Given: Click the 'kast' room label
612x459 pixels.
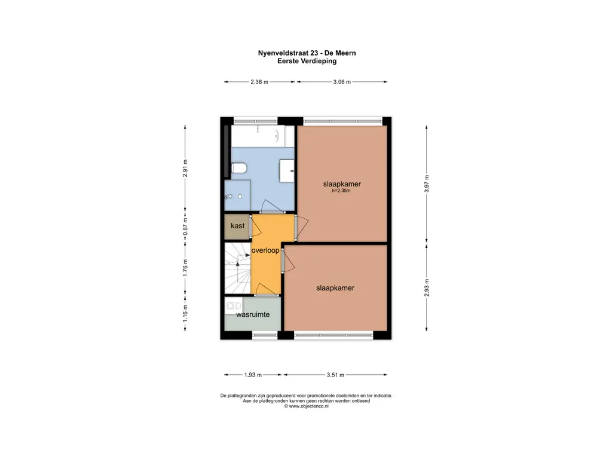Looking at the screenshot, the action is (x=237, y=225).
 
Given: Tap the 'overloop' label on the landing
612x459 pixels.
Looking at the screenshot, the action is (x=265, y=250).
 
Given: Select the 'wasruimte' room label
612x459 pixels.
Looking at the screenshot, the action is (x=253, y=314).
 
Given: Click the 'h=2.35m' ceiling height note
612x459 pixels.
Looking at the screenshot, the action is (x=341, y=191).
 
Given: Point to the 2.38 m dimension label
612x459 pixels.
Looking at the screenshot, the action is (x=259, y=82).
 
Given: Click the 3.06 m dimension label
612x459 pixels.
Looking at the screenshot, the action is (x=342, y=82).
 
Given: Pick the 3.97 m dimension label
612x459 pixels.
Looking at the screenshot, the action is (x=427, y=183).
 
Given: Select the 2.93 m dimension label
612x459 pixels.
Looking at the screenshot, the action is (x=427, y=287).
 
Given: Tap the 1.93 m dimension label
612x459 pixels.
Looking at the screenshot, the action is (x=253, y=375).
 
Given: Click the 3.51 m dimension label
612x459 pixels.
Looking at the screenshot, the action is (x=336, y=375).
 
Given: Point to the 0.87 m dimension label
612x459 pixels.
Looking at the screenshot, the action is (x=185, y=227).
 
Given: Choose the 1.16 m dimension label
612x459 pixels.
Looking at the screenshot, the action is (x=185, y=313).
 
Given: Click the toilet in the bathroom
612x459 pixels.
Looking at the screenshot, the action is (x=239, y=168).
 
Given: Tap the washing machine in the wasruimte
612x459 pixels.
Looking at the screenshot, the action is (x=233, y=305).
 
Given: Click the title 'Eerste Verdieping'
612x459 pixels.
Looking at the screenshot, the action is (x=307, y=61).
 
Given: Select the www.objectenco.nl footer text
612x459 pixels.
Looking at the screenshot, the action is (x=307, y=406).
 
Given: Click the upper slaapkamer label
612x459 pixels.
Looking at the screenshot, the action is (x=342, y=184).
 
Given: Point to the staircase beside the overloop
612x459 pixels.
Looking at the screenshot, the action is (x=237, y=268).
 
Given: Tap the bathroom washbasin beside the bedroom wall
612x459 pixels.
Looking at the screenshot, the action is (x=287, y=170).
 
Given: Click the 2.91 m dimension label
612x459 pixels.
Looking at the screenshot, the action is (x=185, y=168).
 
